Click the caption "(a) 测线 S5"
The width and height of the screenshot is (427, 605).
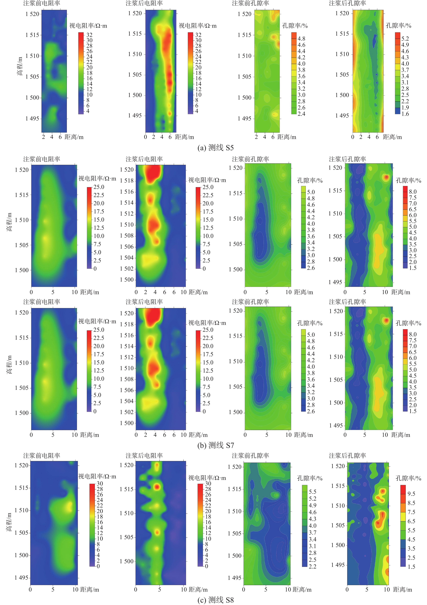[215, 148]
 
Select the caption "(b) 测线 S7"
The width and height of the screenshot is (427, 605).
[215, 445]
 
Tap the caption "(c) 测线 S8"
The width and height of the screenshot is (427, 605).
[215, 600]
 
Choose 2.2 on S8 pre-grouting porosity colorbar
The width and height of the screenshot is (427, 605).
[312, 566]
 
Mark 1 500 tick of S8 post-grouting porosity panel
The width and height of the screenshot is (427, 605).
[338, 545]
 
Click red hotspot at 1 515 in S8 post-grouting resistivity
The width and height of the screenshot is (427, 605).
[157, 487]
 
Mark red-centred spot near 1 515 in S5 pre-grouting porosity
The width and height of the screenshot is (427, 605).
[274, 37]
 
